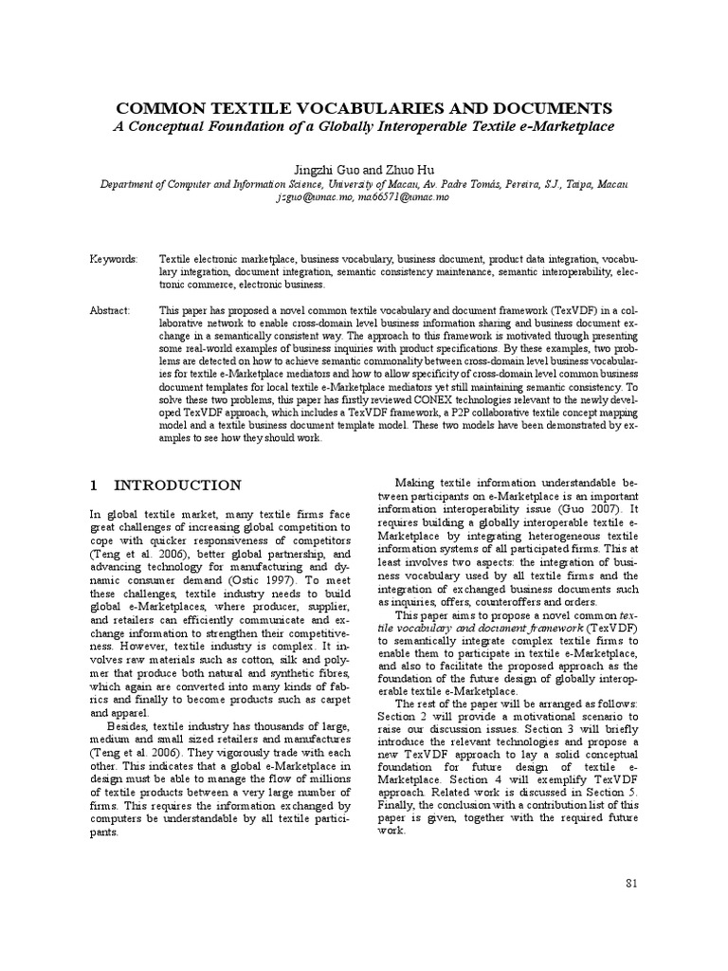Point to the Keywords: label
(114, 258)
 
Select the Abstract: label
(112, 310)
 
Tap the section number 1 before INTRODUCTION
(94, 485)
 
